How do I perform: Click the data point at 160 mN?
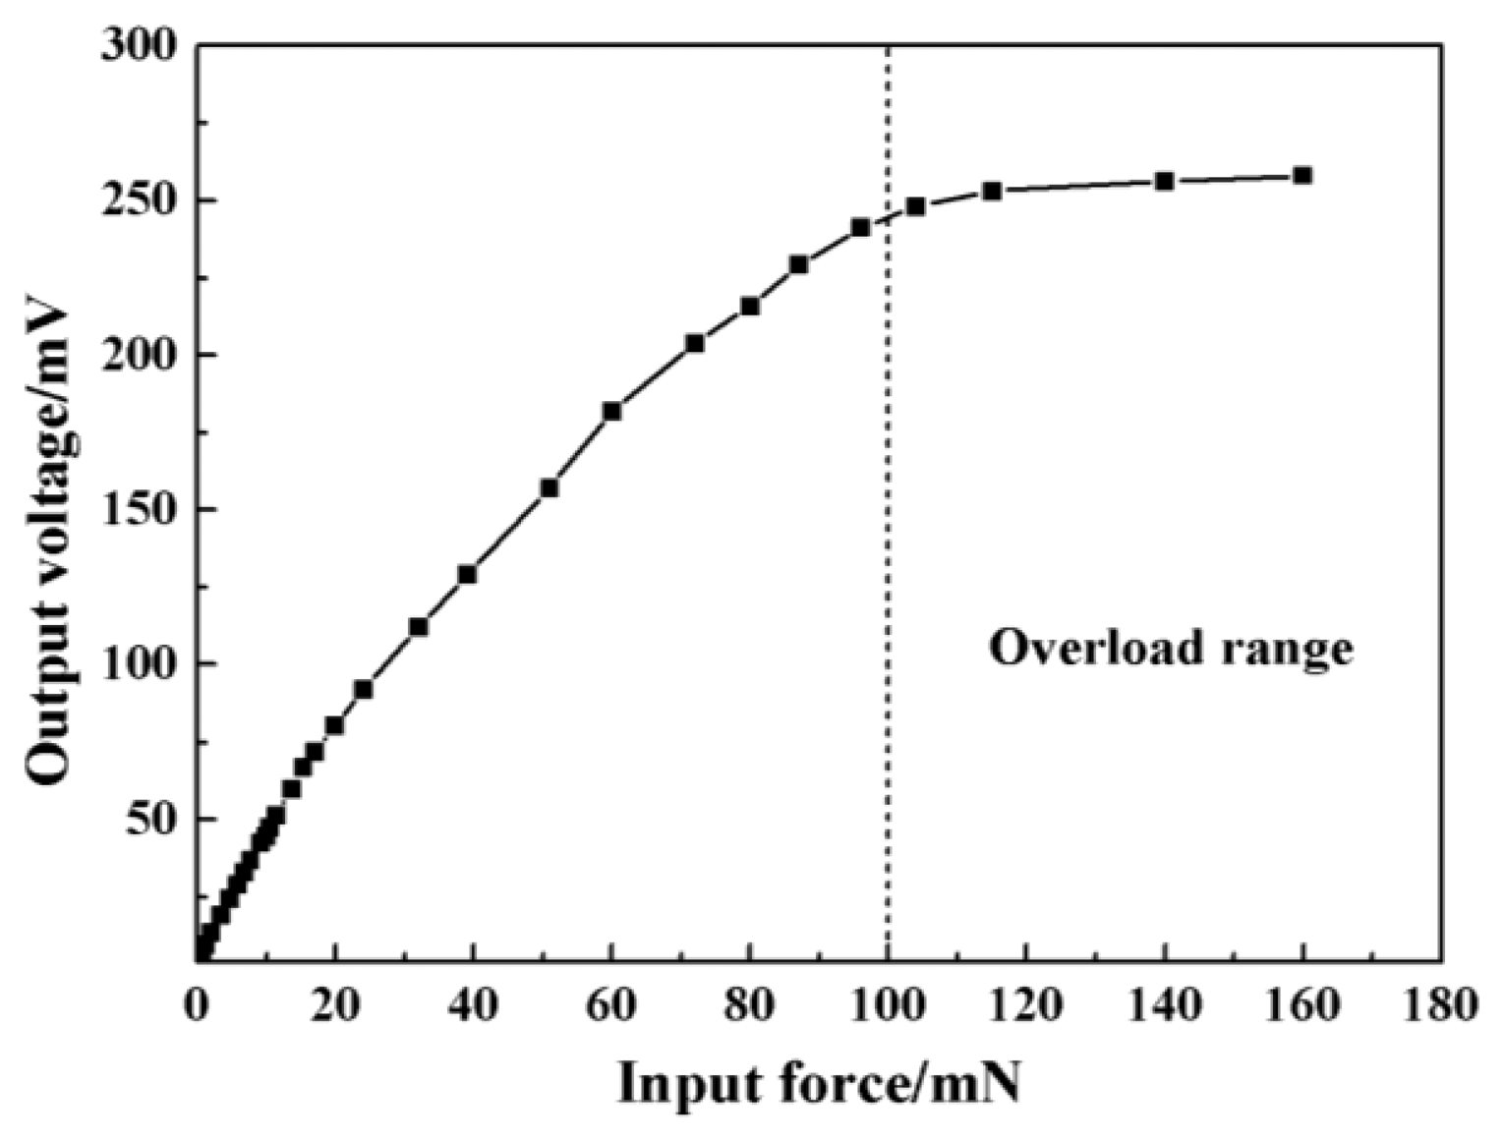pos(1302,176)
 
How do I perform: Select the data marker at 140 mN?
pos(1165,182)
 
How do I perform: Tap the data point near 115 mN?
pos(992,191)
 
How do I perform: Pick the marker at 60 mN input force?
pos(611,411)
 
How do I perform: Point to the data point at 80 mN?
pos(750,307)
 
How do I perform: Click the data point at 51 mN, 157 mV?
pos(550,487)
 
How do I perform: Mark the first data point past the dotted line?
pos(915,206)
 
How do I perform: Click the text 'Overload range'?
pos(1171,649)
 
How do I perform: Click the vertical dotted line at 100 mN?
pos(888,590)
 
